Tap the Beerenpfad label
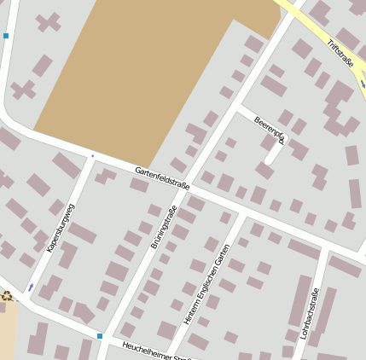coord(269,130)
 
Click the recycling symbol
coord(8,296)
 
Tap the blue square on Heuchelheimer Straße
coord(100,336)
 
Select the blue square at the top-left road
coord(6,36)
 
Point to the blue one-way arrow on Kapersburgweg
coord(31,287)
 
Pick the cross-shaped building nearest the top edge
coord(49,21)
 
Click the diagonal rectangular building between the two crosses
coord(42,65)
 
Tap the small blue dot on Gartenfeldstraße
coord(92,156)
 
